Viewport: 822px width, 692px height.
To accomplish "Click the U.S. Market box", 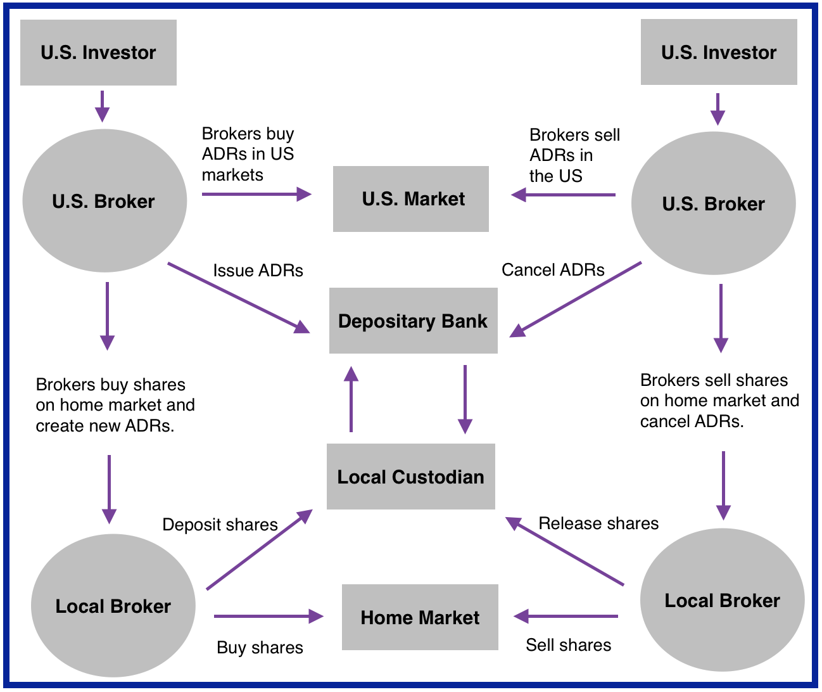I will click(411, 199).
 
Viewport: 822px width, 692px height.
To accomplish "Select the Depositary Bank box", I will click(413, 321).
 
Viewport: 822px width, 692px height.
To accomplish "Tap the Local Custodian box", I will click(410, 477).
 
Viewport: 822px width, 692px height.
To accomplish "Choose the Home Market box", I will click(420, 617).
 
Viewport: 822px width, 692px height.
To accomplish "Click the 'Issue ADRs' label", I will click(258, 271).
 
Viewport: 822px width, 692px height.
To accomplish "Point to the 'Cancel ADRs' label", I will click(553, 270).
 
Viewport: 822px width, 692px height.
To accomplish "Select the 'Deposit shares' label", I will click(220, 525).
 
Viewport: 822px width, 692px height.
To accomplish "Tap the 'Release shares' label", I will click(598, 523).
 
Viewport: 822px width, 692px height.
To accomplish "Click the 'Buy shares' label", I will click(260, 648).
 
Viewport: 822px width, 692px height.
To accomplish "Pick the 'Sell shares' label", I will click(569, 645).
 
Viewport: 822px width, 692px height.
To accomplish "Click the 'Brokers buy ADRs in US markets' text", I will click(248, 154).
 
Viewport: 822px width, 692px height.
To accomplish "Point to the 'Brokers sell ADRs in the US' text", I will click(574, 155).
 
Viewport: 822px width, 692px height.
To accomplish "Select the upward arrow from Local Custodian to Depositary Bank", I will click(351, 399).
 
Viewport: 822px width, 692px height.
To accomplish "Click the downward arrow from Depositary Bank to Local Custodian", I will click(465, 399).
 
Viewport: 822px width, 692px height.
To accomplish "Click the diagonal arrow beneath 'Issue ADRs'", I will click(238, 298).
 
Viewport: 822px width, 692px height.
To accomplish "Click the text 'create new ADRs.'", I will click(105, 426).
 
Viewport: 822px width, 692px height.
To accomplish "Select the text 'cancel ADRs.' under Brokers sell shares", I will click(692, 421).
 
